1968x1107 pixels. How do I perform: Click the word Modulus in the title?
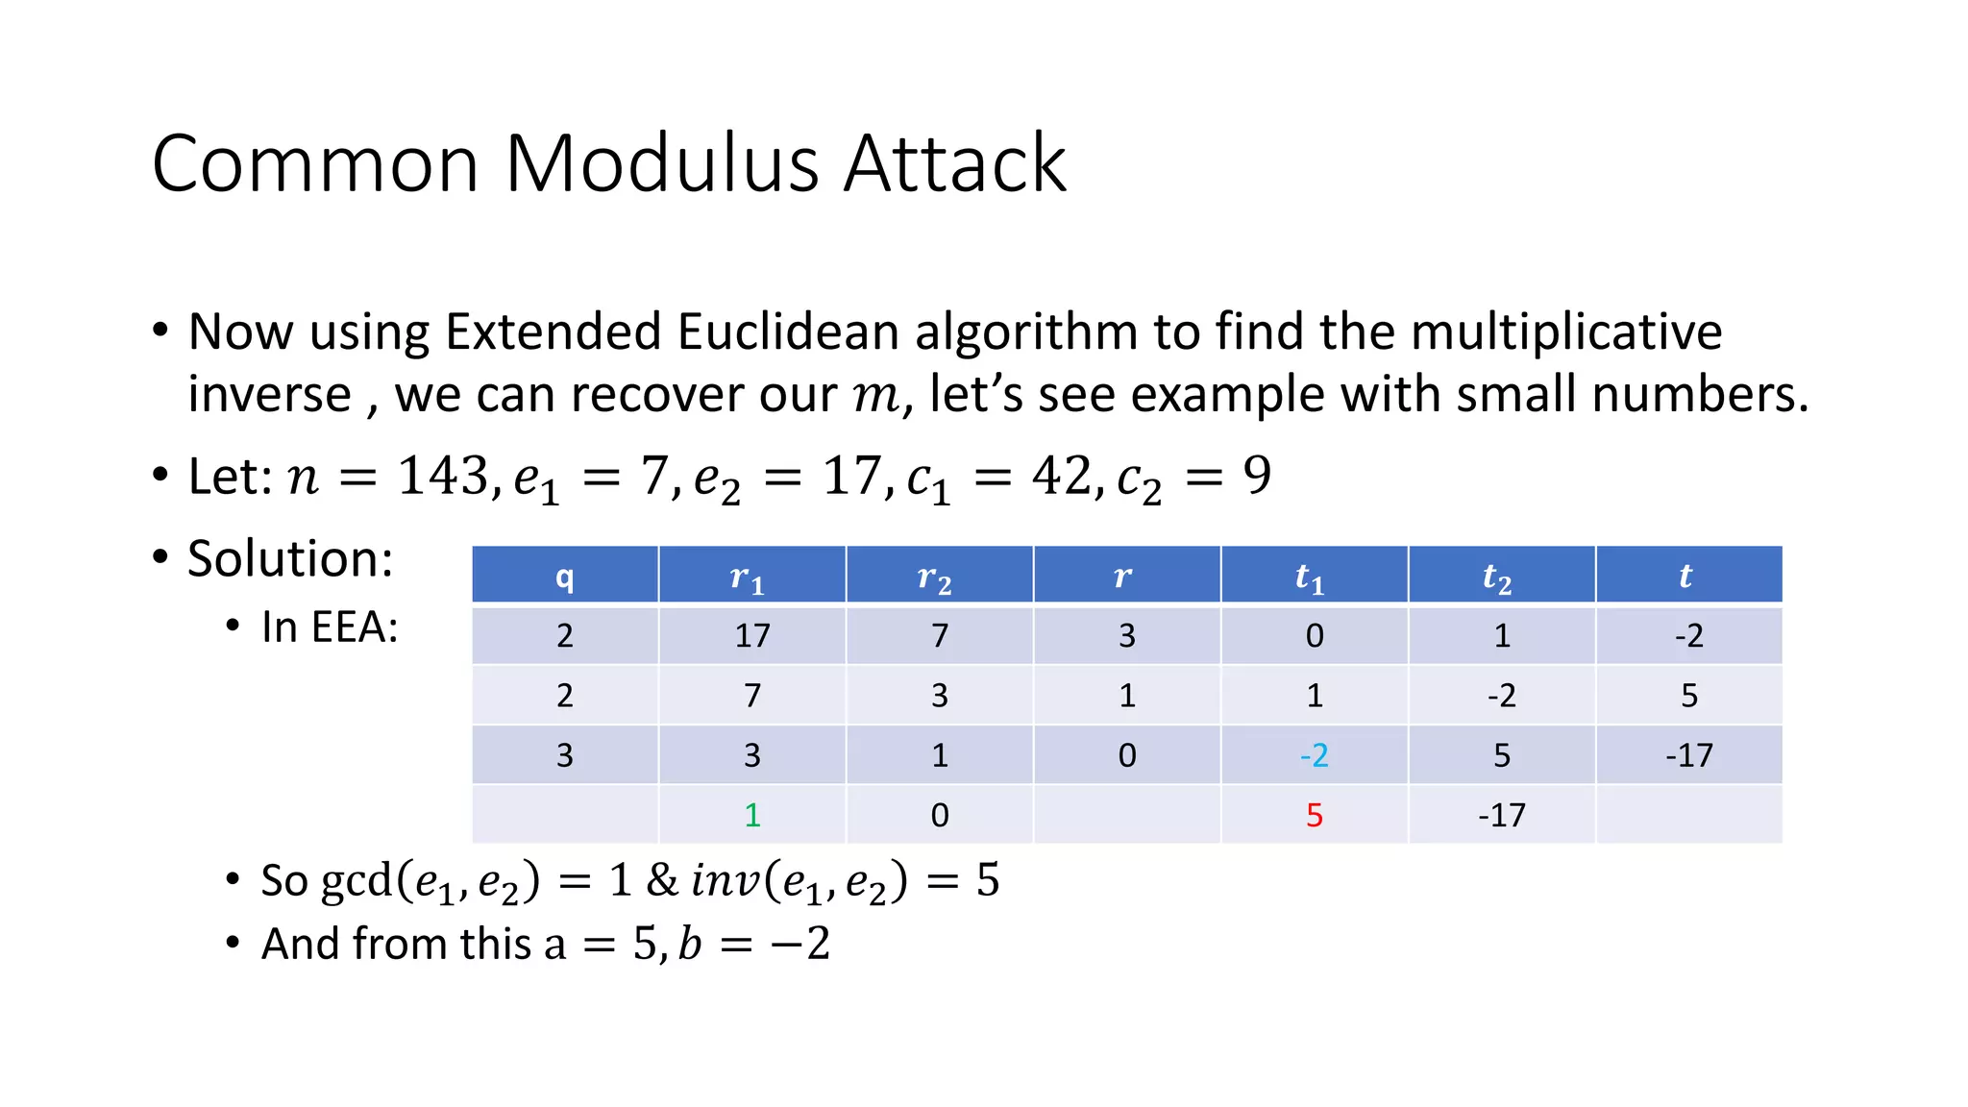[663, 164]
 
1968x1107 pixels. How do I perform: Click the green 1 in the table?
[752, 815]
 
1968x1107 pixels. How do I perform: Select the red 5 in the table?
[1314, 815]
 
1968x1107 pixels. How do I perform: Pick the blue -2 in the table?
[1314, 755]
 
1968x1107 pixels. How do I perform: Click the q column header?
[564, 576]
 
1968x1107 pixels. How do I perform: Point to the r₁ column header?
[748, 578]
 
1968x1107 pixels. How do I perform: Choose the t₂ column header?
[1497, 578]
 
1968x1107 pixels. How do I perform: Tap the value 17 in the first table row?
[752, 635]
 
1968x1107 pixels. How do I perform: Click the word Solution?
[290, 558]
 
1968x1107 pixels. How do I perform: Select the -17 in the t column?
[1688, 755]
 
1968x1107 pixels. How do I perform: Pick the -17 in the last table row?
[1501, 815]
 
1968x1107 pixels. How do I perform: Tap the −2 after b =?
[799, 944]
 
